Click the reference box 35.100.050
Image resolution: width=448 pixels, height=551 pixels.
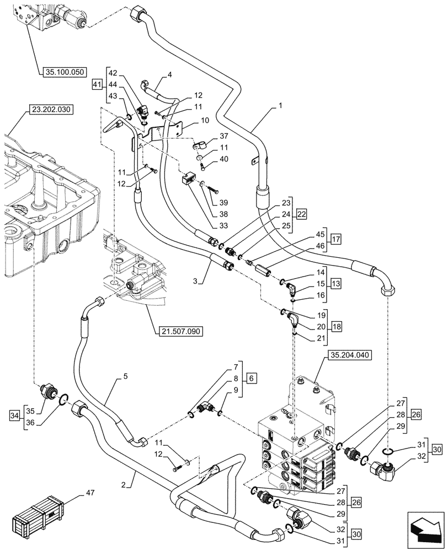tap(63, 72)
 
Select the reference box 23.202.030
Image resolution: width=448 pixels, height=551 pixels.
tap(47, 110)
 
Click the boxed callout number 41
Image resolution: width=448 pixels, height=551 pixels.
tap(97, 84)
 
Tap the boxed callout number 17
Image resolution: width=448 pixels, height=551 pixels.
tap(336, 240)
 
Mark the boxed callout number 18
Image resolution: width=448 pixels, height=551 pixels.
tap(336, 326)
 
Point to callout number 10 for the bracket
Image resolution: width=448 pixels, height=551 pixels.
tap(189, 120)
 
